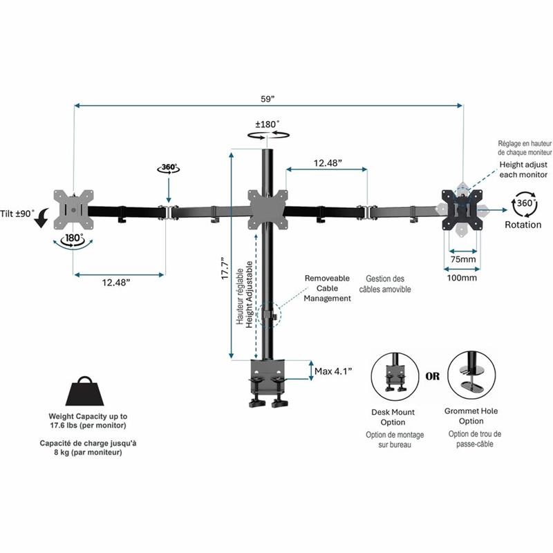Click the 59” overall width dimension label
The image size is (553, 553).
coord(268,99)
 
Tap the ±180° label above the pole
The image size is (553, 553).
coord(268,124)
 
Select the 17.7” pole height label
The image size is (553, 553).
coord(225,268)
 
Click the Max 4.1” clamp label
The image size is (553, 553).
coord(333,371)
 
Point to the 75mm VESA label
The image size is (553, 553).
coord(463,259)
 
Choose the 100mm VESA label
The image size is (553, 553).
coord(462,278)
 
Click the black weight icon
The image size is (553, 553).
coord(84,391)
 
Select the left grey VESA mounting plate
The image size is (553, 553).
coord(73,210)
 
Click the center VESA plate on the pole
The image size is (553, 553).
coord(268,210)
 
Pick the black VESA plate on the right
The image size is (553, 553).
coord(462,210)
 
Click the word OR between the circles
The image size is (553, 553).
coord(433,376)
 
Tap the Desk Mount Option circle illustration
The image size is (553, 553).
coord(395,376)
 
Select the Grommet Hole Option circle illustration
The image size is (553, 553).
coord(471,375)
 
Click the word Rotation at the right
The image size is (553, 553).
coord(523,225)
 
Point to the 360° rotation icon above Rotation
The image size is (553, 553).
coord(525,204)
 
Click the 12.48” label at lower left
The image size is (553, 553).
coord(116,283)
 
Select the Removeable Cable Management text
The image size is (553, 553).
coord(327,288)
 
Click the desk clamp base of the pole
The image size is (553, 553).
coord(268,384)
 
